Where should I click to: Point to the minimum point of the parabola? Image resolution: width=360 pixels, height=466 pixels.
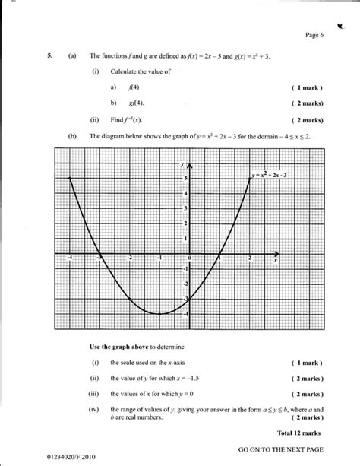160,313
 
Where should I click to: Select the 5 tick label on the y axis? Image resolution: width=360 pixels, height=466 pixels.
185,178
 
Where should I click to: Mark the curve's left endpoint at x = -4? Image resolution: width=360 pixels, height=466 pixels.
70,178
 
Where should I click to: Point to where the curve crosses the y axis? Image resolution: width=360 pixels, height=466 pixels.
190,298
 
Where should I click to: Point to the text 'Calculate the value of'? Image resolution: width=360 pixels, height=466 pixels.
140,71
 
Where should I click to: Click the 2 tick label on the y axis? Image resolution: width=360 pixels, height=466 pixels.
185,223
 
